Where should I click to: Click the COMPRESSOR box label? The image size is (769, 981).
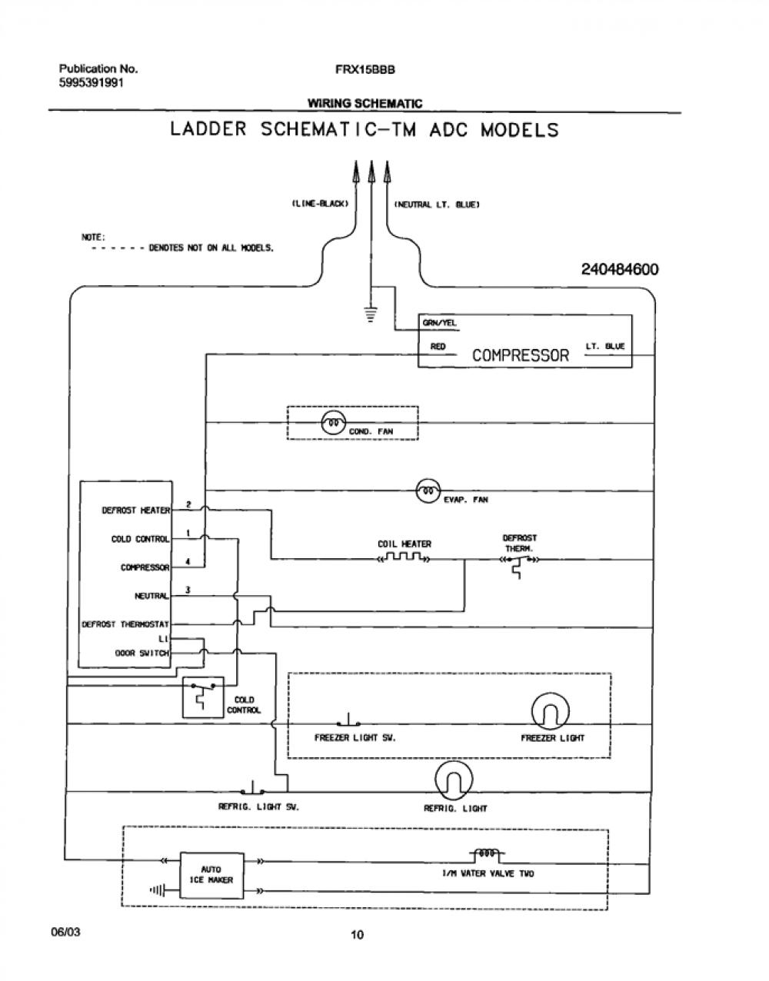point(520,355)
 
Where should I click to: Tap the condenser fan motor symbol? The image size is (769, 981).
point(333,424)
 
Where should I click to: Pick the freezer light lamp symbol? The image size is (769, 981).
point(550,711)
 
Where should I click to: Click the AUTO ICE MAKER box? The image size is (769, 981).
point(211,876)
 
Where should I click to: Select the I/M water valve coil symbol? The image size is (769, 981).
point(487,853)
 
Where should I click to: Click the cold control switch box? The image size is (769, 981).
point(203,697)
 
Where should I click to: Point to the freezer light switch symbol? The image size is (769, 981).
point(348,720)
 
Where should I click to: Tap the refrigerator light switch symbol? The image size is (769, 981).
point(252,787)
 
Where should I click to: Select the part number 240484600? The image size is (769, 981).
point(620,270)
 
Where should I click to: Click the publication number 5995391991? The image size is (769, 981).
point(92,83)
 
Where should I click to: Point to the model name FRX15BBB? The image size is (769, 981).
point(365,69)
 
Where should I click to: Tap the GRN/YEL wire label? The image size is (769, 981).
point(439,323)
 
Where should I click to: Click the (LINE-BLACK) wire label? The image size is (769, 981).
point(320,204)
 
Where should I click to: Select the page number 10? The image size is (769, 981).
point(357,935)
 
